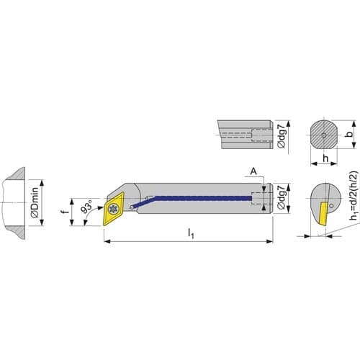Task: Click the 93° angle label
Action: coord(86,206)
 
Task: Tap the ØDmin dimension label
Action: coord(35,202)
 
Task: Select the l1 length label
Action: coord(191,233)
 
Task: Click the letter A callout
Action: coord(253,171)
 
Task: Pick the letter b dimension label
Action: coord(351,134)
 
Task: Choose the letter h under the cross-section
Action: coord(325,158)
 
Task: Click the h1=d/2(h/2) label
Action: coord(354,195)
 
